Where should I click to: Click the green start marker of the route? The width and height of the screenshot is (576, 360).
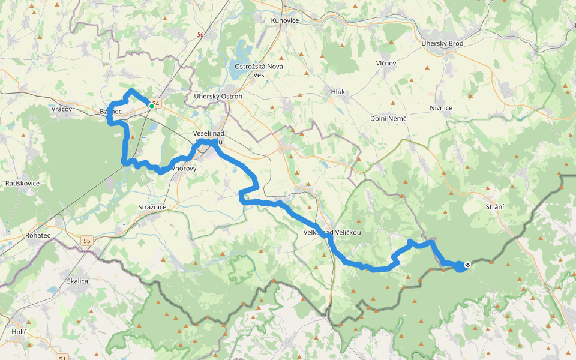click(x=151, y=106)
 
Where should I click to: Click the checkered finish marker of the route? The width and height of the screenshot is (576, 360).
click(x=467, y=264)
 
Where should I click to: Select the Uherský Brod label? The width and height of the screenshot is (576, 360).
click(x=442, y=43)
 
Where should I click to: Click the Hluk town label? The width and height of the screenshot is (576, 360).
click(x=338, y=92)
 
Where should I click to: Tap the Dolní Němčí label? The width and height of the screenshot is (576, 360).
click(x=389, y=118)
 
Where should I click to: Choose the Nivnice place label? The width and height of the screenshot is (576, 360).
click(x=440, y=107)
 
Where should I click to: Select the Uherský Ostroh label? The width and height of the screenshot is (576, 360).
click(x=218, y=96)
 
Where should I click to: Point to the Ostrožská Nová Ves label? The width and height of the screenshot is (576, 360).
click(x=259, y=70)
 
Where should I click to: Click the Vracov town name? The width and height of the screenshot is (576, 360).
click(x=62, y=109)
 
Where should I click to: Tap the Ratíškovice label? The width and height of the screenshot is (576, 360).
click(x=22, y=182)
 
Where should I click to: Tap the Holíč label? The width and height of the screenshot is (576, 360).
click(x=20, y=332)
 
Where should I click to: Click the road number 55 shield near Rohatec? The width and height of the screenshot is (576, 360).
click(x=88, y=241)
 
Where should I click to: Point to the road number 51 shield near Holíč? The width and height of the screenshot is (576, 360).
click(x=64, y=358)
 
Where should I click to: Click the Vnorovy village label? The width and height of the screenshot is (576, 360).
click(x=184, y=169)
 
